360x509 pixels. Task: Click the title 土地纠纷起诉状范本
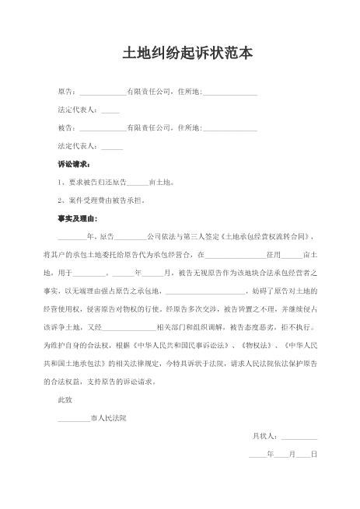180,54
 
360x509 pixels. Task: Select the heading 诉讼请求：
74,165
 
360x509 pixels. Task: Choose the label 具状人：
266,436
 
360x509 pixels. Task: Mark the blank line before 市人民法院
74,420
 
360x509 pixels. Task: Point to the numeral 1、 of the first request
62,183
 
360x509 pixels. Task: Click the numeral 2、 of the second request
62,200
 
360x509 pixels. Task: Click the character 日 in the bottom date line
314,454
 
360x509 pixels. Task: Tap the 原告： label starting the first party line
67,92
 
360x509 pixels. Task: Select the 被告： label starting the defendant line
67,127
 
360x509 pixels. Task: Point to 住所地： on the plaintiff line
190,92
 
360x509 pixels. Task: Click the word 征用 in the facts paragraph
273,254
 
